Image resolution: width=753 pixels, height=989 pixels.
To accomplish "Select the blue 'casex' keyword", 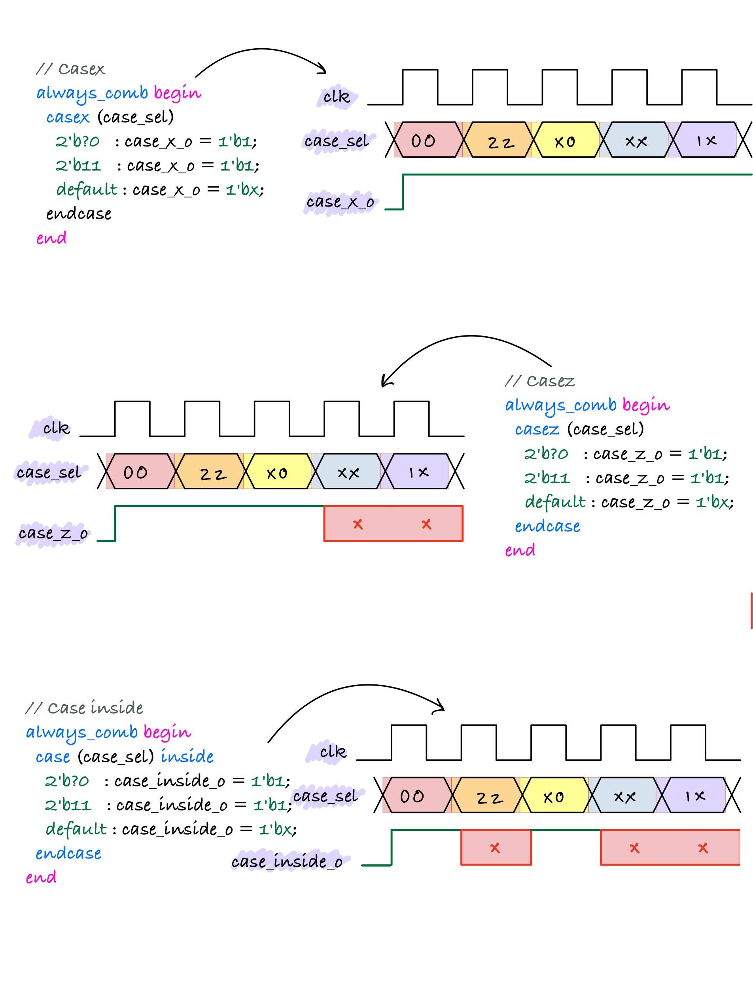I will tap(68, 117).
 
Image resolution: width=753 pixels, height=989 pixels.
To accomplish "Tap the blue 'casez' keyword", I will tap(537, 430).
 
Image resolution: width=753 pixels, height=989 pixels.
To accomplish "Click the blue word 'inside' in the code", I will tap(187, 757).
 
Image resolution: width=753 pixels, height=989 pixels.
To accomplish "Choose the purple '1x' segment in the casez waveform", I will tap(418, 472).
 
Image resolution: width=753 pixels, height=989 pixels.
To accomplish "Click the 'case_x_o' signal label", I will tap(340, 202).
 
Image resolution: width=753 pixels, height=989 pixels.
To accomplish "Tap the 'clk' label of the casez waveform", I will tap(57, 428).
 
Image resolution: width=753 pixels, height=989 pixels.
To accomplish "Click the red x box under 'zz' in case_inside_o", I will tap(496, 848).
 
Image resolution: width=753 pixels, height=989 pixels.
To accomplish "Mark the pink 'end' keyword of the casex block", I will tap(51, 238).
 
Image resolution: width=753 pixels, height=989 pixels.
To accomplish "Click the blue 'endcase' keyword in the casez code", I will tap(547, 526).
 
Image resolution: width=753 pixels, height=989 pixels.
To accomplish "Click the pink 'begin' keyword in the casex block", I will tap(178, 93).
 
